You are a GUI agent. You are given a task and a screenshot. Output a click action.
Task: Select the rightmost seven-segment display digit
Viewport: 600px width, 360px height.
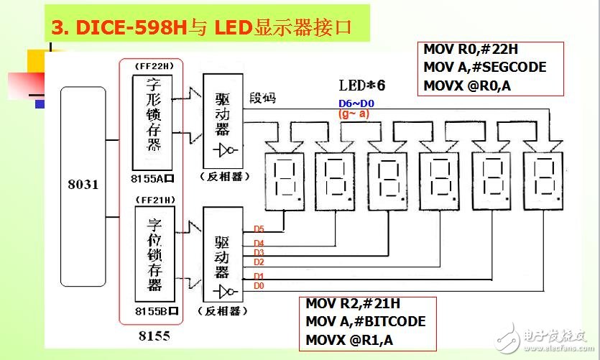click(x=543, y=180)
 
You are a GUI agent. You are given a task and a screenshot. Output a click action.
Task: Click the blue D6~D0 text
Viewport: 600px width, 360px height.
click(x=356, y=103)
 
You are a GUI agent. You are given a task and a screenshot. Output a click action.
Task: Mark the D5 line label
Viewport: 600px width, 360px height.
click(x=259, y=229)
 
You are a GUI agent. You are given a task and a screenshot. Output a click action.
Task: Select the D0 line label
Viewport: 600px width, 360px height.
click(x=259, y=286)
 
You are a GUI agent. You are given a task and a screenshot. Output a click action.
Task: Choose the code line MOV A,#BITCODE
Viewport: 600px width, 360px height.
click(x=365, y=321)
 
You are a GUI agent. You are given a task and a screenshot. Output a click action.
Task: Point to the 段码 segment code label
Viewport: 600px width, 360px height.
click(x=262, y=97)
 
